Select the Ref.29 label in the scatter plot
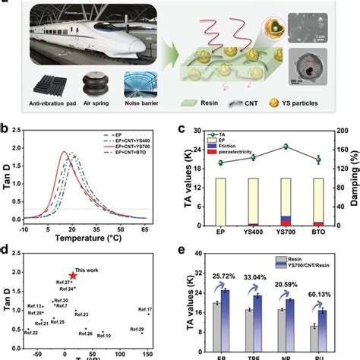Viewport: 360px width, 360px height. (137, 329)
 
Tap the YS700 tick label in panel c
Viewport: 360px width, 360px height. (286, 234)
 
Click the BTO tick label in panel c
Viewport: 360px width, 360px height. (318, 234)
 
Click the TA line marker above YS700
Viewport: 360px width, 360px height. (286, 147)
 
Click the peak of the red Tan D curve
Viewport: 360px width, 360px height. (63, 152)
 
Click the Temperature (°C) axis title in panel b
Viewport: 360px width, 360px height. (79, 237)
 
